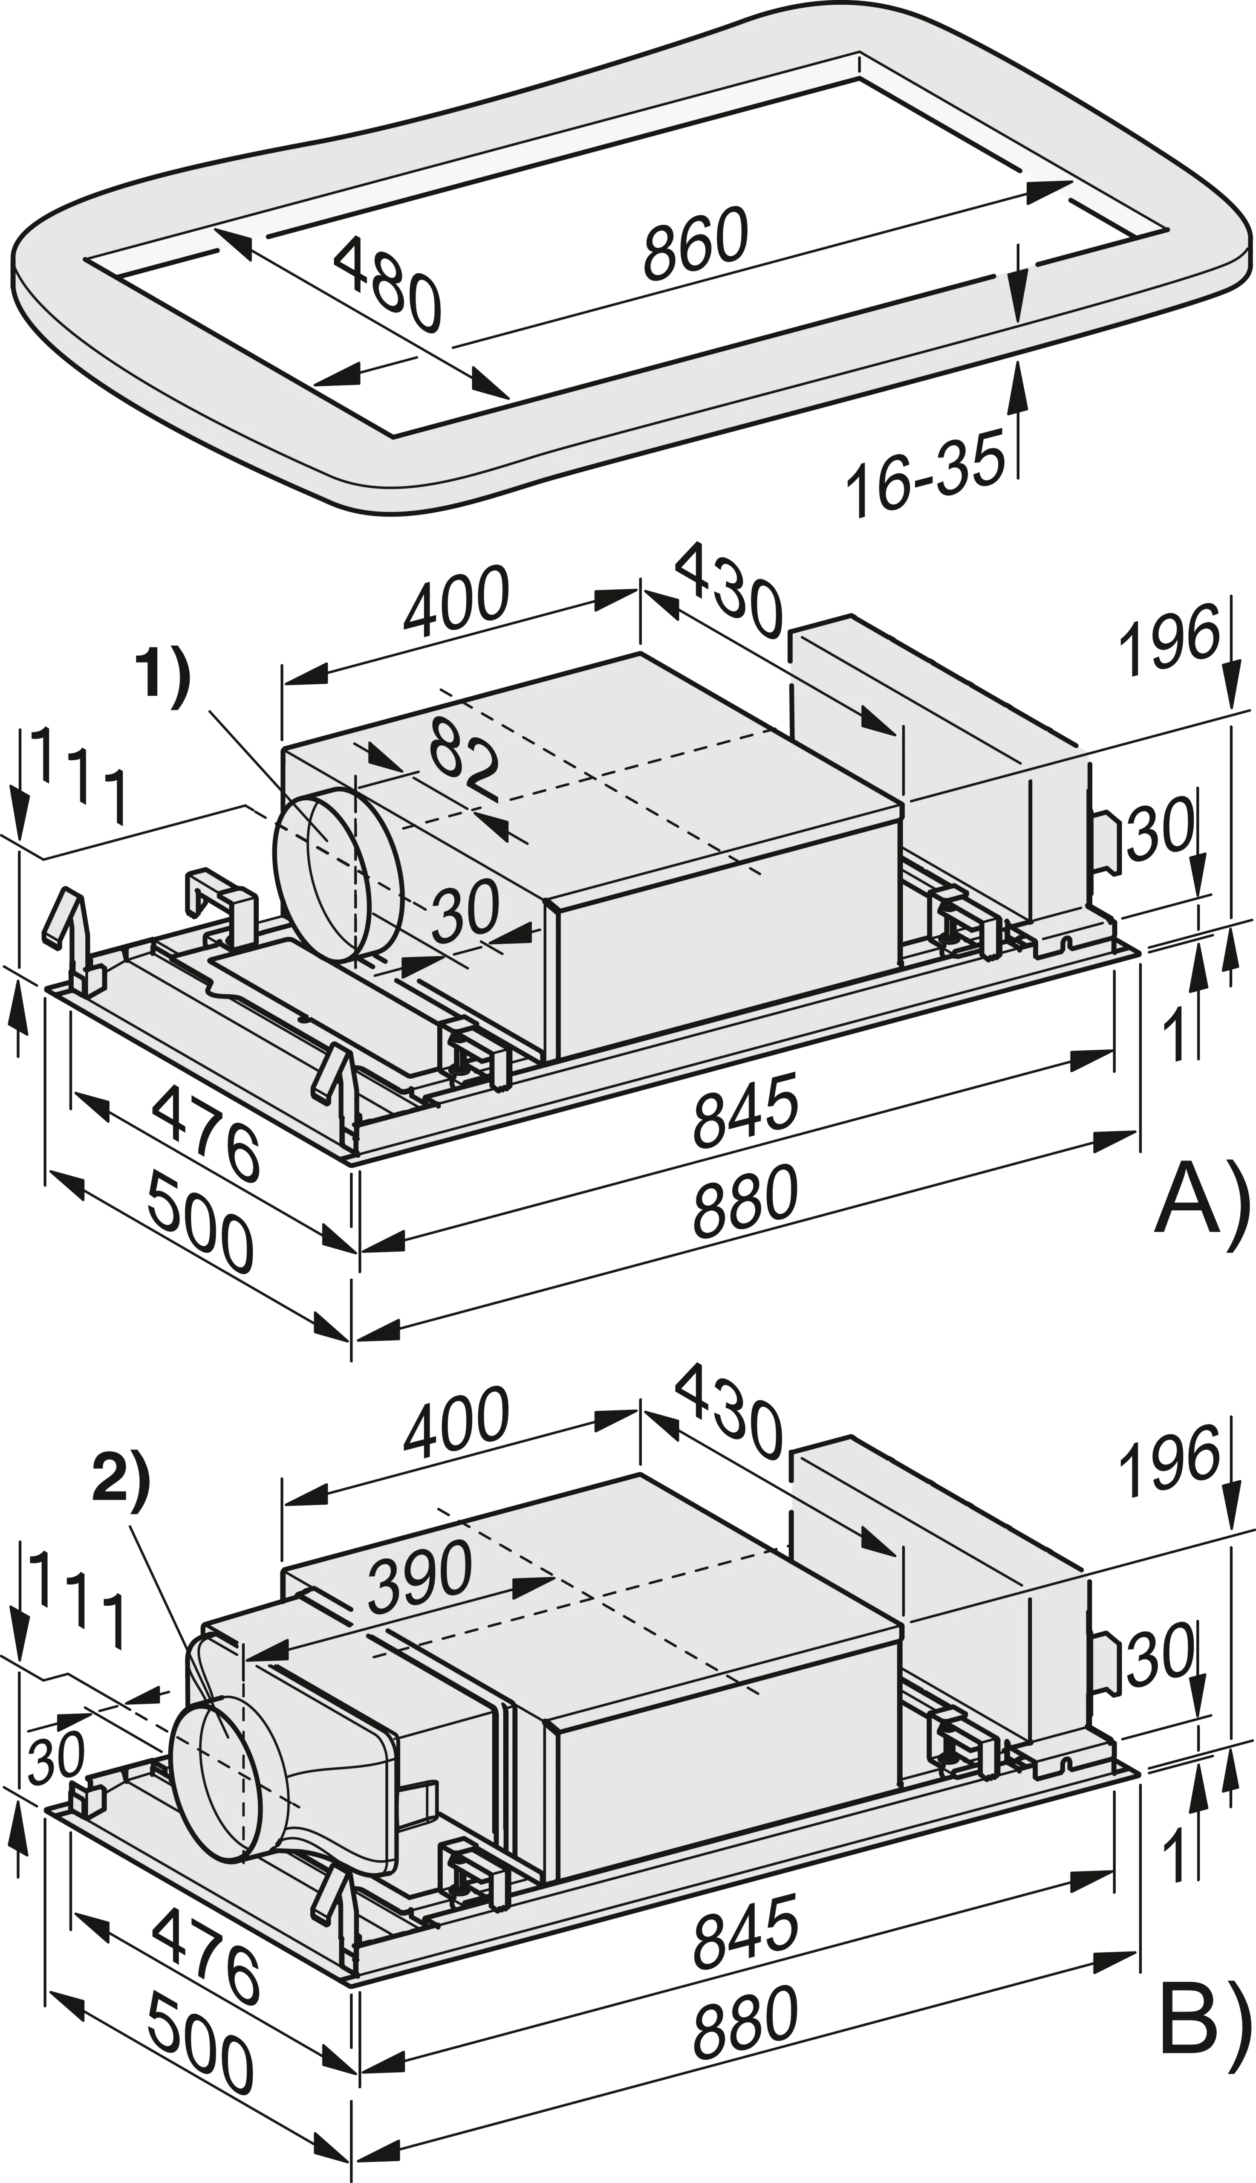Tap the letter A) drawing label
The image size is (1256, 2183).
1200,1219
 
